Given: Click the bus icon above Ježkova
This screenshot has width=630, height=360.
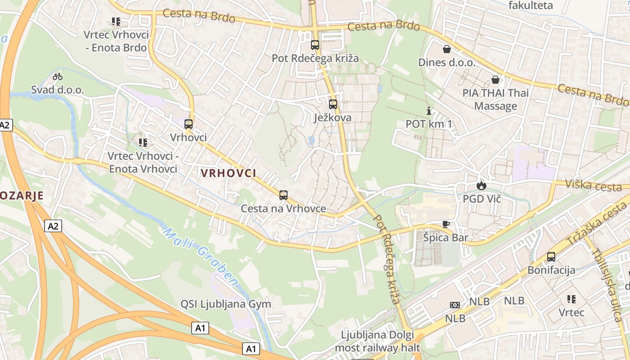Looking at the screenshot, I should [333, 104].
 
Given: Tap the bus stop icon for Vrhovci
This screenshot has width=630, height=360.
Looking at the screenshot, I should [189, 124].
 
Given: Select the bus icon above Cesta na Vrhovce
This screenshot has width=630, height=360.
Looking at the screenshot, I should [283, 195].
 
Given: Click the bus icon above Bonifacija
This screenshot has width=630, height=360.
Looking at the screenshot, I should [551, 257].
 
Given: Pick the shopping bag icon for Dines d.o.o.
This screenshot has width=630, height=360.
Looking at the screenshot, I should [447, 49].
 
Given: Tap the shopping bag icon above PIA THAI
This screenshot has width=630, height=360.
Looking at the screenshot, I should [495, 80].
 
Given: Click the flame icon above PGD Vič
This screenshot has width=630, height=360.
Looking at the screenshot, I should [481, 185].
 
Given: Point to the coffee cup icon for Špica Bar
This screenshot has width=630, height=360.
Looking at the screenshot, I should [445, 224].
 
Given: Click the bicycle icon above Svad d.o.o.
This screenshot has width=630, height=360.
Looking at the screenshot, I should [58, 76].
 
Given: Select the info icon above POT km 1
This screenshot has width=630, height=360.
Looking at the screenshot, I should [428, 111].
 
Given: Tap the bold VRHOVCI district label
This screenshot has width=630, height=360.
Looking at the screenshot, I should [228, 173].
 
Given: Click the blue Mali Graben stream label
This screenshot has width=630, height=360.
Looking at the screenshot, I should [200, 257].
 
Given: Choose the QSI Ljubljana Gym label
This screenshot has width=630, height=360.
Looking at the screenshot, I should [226, 304].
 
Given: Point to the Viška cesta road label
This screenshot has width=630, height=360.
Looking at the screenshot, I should [594, 185].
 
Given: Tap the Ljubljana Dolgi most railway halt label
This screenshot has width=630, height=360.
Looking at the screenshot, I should [380, 341].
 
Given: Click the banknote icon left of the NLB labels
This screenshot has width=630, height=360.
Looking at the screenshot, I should [455, 305].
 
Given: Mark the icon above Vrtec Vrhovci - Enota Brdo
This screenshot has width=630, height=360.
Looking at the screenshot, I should [116, 21].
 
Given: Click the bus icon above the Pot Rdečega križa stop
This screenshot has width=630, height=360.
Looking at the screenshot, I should [315, 45].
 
